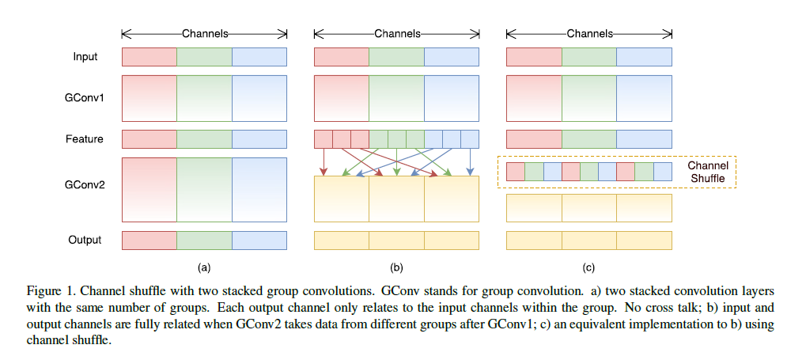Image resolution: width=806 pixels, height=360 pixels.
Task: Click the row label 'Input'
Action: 85,57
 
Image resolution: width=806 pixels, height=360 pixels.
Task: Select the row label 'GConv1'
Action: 85,98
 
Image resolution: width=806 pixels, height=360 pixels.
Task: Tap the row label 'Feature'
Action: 85,139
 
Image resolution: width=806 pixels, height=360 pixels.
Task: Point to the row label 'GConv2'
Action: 85,184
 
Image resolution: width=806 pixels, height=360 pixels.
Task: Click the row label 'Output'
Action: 85,241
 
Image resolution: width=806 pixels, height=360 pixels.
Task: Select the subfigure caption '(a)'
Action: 205,267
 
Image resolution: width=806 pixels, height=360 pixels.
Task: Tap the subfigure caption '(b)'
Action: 396,267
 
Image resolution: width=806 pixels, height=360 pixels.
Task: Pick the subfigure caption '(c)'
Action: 588,267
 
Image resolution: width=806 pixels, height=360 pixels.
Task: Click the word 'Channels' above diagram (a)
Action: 205,34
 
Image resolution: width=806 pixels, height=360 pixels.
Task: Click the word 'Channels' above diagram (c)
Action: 589,34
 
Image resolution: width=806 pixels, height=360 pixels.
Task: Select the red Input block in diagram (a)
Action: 149,57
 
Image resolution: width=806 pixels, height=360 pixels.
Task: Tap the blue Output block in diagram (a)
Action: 259,241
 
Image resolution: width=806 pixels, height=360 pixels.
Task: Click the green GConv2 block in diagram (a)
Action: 204,190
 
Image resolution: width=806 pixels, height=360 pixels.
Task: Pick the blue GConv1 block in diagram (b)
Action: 452,98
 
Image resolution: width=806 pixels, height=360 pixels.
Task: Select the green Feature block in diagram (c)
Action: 589,139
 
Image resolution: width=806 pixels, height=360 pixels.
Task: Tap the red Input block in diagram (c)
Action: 534,57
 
